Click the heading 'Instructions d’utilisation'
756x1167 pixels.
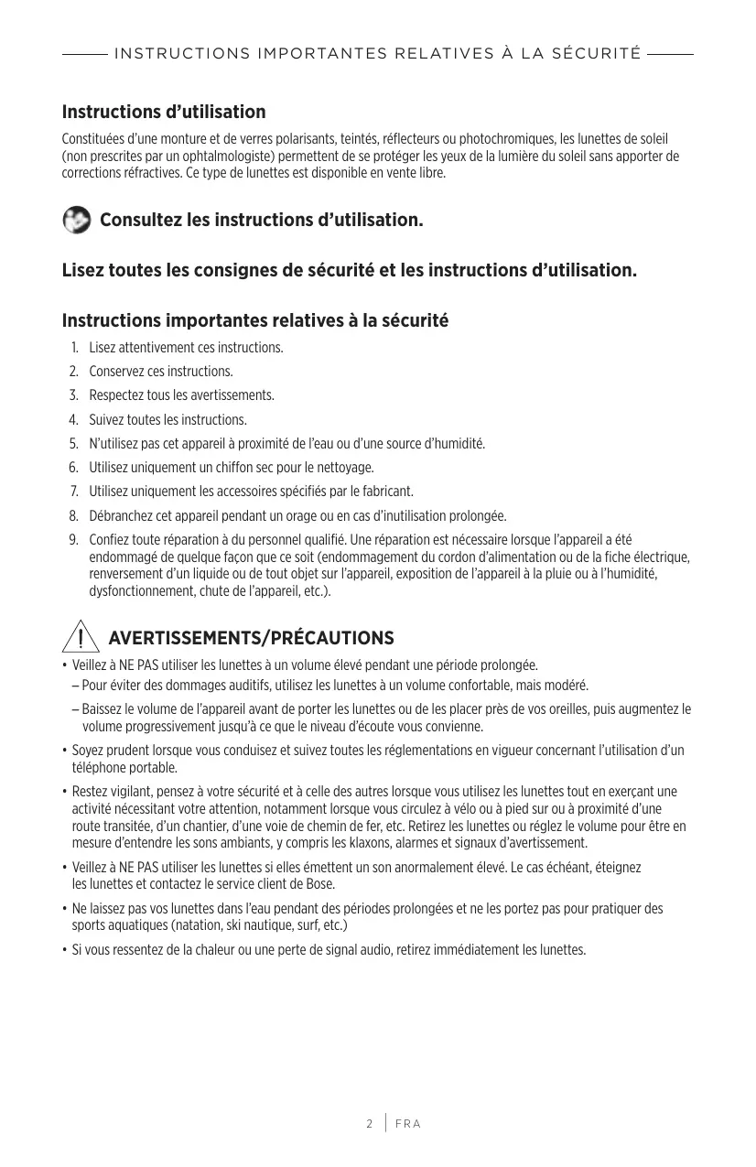pyautogui.click(x=164, y=113)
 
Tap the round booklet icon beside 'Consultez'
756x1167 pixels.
pyautogui.click(x=77, y=221)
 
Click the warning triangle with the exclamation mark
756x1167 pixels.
pyautogui.click(x=80, y=636)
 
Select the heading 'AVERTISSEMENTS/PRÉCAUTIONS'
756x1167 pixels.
pyautogui.click(x=251, y=638)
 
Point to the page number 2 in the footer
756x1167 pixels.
pyautogui.click(x=370, y=1123)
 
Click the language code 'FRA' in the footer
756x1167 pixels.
pyautogui.click(x=408, y=1123)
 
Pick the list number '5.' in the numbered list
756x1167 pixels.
pyautogui.click(x=73, y=444)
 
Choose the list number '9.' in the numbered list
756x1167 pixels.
pyautogui.click(x=73, y=539)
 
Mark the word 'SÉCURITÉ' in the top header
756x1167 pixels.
pyautogui.click(x=597, y=54)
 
